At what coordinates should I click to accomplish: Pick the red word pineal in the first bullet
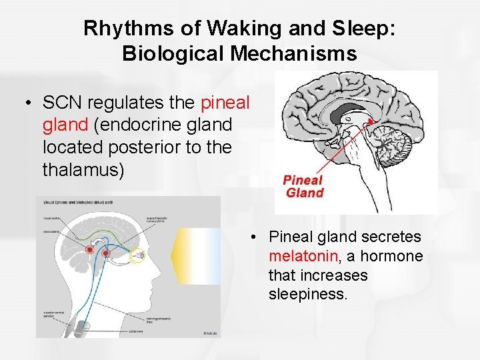tap(225, 103)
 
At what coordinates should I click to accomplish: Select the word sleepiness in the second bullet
tap(308, 294)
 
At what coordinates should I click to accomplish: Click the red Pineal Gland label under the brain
tap(304, 186)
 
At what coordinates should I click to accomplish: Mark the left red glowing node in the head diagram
tap(89, 250)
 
